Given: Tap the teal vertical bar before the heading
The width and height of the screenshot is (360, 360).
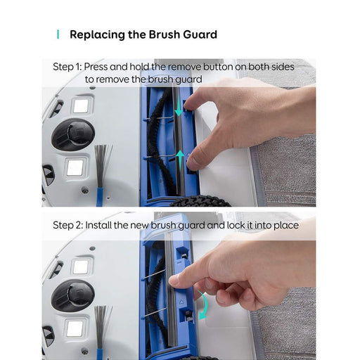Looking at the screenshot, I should pos(58,34).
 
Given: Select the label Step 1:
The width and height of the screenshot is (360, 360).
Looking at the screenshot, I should pos(67,67).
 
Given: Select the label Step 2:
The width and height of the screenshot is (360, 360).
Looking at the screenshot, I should pos(67,225).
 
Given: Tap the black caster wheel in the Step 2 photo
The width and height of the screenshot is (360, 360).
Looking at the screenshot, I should pos(73,295).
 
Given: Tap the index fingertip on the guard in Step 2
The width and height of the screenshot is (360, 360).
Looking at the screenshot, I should pos(175,281).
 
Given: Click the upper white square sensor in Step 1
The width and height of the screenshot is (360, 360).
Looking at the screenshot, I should pos(80,105).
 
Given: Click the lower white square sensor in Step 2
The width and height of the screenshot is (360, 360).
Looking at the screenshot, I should pos(75,328).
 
